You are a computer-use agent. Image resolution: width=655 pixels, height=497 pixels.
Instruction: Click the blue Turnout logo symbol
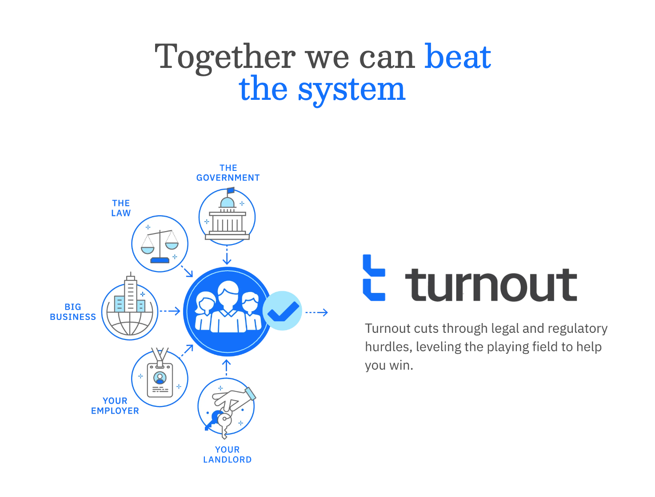pyautogui.click(x=374, y=278)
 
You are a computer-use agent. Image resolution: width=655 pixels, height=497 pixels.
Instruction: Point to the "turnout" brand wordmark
pyautogui.click(x=491, y=285)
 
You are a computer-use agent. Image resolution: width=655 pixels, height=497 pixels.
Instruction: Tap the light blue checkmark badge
pyautogui.click(x=282, y=311)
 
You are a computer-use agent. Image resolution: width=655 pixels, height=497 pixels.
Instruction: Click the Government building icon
pyautogui.click(x=227, y=217)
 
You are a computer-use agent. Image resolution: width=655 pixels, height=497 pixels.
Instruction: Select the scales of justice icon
pyautogui.click(x=160, y=244)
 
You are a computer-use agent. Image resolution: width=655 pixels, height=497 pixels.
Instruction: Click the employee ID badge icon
pyautogui.click(x=160, y=379)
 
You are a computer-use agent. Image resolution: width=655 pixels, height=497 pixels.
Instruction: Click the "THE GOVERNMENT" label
pyautogui.click(x=228, y=173)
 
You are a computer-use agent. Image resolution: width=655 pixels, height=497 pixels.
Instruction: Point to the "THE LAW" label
pyautogui.click(x=121, y=208)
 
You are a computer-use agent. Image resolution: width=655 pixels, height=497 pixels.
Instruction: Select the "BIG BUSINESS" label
pyautogui.click(x=73, y=312)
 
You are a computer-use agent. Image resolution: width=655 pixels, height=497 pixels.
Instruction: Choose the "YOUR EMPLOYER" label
pyautogui.click(x=115, y=406)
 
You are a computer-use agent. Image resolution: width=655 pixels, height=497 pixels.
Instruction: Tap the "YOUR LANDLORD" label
pyautogui.click(x=228, y=455)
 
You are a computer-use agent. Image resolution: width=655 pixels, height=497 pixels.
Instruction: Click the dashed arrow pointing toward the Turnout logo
pyautogui.click(x=316, y=312)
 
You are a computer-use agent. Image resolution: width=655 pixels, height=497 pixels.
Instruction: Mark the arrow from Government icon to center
pyautogui.click(x=227, y=256)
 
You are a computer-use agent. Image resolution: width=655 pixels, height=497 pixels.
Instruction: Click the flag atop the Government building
pyautogui.click(x=231, y=190)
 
